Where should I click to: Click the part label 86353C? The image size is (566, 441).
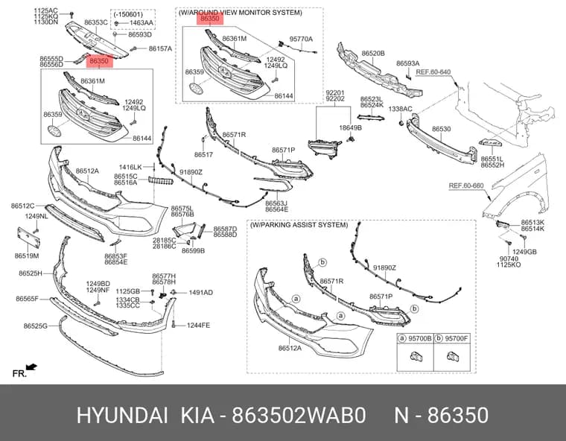[x=95, y=22]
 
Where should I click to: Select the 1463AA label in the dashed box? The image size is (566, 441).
[x=141, y=23]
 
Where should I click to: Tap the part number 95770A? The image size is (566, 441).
[x=301, y=39]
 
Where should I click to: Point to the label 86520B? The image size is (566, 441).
[x=373, y=54]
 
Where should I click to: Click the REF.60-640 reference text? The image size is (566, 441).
[x=433, y=72]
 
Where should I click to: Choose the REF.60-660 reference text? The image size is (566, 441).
[x=466, y=185]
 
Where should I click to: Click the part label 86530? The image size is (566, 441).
[x=441, y=129]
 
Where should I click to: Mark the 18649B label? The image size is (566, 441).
[x=350, y=128]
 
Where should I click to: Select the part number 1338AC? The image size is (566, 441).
[x=400, y=109]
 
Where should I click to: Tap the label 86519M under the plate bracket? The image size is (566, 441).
[x=27, y=256]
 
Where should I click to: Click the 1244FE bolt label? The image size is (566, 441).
[x=198, y=326]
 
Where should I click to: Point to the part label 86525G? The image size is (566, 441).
[x=36, y=326]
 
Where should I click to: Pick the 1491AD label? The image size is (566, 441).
[x=200, y=293]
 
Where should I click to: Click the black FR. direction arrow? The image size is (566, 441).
[x=32, y=367]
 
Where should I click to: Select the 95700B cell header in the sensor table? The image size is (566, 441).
[x=415, y=338]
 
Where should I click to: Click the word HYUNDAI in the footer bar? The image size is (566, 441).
[x=122, y=416]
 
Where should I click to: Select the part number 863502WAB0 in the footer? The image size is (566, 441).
[x=299, y=416]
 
